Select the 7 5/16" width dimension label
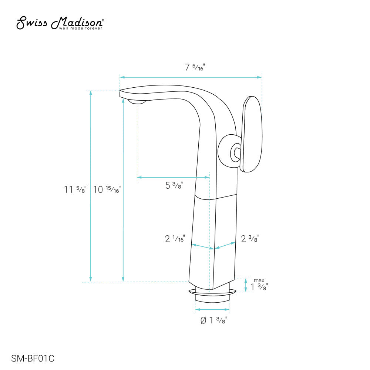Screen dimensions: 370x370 [x=195, y=67]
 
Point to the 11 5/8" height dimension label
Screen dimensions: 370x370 [x=75, y=190]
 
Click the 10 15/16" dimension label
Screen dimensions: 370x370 [x=107, y=190]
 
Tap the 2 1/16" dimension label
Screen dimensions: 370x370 [x=175, y=239]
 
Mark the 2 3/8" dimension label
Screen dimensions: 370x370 [x=250, y=239]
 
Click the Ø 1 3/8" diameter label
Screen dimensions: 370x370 [x=213, y=320]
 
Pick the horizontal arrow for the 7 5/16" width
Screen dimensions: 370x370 [x=191, y=77]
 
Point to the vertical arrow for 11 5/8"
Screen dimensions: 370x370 [x=91, y=185]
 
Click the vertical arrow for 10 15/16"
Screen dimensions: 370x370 [x=123, y=189]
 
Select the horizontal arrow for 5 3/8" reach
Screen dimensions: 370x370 [x=173, y=177]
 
